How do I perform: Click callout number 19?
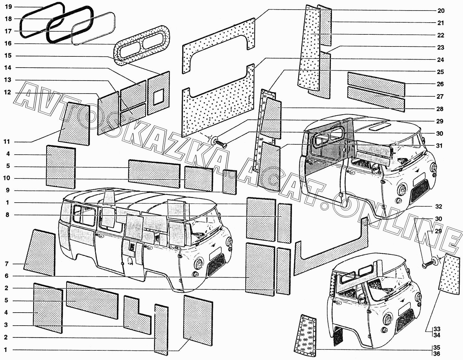pos(8,7)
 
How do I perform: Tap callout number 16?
pos(8,43)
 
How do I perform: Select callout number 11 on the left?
pos(7,142)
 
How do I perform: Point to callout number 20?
pos(441,11)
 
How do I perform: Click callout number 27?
pos(440,97)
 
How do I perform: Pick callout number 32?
pos(438,207)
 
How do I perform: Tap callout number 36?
pos(437,354)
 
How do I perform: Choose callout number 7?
pos(7,264)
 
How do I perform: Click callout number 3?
pos(6,325)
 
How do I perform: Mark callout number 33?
pos(437,329)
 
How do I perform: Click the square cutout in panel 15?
pos(158,96)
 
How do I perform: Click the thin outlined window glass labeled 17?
pos(93,28)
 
